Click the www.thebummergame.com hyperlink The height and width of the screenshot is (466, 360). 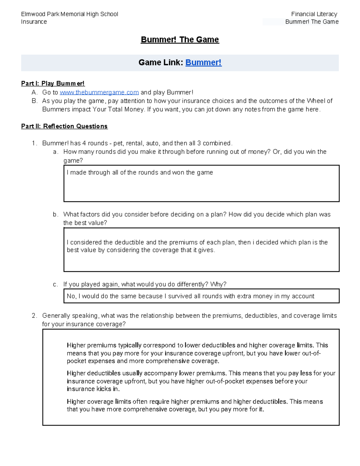click(x=99, y=92)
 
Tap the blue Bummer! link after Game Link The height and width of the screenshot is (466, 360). click(x=203, y=62)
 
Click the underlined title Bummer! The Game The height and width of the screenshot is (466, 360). click(x=180, y=40)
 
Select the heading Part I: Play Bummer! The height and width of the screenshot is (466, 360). click(x=53, y=83)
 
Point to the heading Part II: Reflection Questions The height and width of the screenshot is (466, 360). click(x=64, y=126)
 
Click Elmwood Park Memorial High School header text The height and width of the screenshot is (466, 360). click(x=70, y=14)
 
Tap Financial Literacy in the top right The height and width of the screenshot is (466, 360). click(x=314, y=14)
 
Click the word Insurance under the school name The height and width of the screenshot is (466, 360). click(x=34, y=22)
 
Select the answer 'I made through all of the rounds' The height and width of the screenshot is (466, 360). click(x=140, y=173)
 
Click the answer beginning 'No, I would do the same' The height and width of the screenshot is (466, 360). click(x=190, y=296)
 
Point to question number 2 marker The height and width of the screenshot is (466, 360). click(x=34, y=316)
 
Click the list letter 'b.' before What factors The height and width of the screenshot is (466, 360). click(x=55, y=215)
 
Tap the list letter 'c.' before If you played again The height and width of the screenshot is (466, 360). click(x=55, y=284)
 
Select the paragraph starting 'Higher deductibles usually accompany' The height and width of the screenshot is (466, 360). click(x=201, y=381)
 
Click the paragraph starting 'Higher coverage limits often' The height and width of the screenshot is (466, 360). click(x=195, y=405)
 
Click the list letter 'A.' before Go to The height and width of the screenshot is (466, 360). click(x=34, y=92)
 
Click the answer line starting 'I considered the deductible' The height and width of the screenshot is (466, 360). click(x=197, y=242)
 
